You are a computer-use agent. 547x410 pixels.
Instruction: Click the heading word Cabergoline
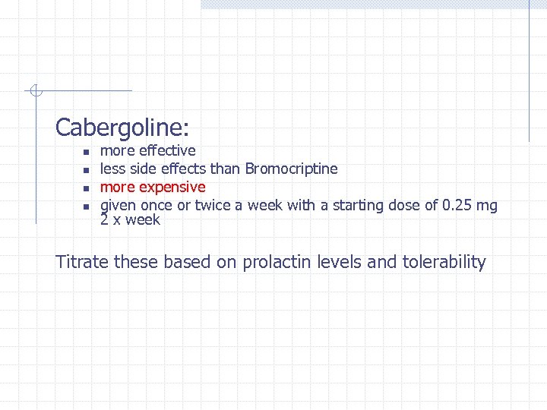point(122,127)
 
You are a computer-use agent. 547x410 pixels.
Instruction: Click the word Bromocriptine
point(292,169)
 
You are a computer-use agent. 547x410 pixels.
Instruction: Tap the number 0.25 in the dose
point(458,205)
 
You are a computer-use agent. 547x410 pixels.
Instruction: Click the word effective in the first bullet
point(167,150)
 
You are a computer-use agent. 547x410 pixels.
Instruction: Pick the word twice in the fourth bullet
point(213,205)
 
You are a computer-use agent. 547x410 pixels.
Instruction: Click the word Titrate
point(82,262)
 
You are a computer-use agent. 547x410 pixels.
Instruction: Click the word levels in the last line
point(340,262)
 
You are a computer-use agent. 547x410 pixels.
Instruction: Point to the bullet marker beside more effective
point(86,152)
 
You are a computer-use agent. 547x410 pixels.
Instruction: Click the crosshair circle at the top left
point(34,92)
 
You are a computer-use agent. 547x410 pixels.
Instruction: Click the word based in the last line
point(187,262)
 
